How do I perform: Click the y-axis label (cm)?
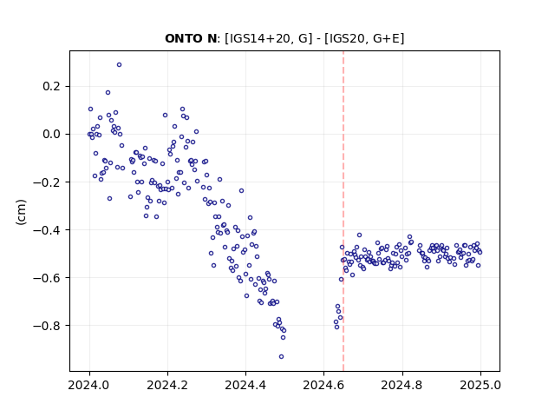tap(21, 211)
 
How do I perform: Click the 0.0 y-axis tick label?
tap(51, 135)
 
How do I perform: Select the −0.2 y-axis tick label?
tap(46, 182)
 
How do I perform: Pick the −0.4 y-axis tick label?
tap(46, 230)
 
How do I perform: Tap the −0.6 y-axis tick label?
tap(46, 278)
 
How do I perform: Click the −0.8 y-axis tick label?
tap(46, 326)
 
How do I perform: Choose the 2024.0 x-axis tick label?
tap(89, 385)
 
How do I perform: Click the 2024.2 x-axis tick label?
tap(167, 385)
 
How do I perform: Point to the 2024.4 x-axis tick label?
tap(245, 385)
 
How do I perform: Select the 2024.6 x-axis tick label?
tap(323, 385)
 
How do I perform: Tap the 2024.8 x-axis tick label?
tap(402, 385)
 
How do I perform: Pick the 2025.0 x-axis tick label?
tap(480, 385)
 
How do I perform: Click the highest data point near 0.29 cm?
tap(120, 65)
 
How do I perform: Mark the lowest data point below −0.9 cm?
tap(281, 357)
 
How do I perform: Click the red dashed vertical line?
tap(343, 211)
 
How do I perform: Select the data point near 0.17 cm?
tap(108, 93)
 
